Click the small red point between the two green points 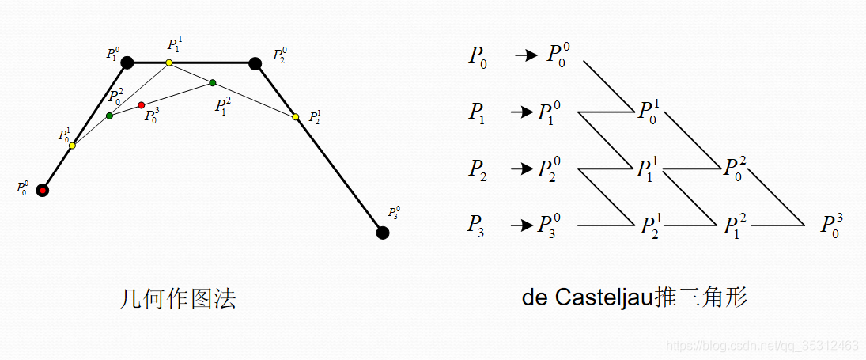(142, 105)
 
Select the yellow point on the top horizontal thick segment (168, 63)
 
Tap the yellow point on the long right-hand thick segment (296, 116)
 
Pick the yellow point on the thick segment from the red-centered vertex (72, 146)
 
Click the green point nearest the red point (109, 116)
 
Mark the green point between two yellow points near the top (212, 82)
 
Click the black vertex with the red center (43, 190)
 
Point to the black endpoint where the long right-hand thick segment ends (383, 233)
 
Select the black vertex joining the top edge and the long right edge (255, 63)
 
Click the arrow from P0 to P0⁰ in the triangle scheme (525, 56)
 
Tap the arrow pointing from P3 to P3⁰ (522, 226)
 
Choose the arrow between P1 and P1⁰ (522, 112)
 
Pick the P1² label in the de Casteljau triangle (735, 226)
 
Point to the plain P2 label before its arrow (477, 169)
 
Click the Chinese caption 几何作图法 (177, 300)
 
